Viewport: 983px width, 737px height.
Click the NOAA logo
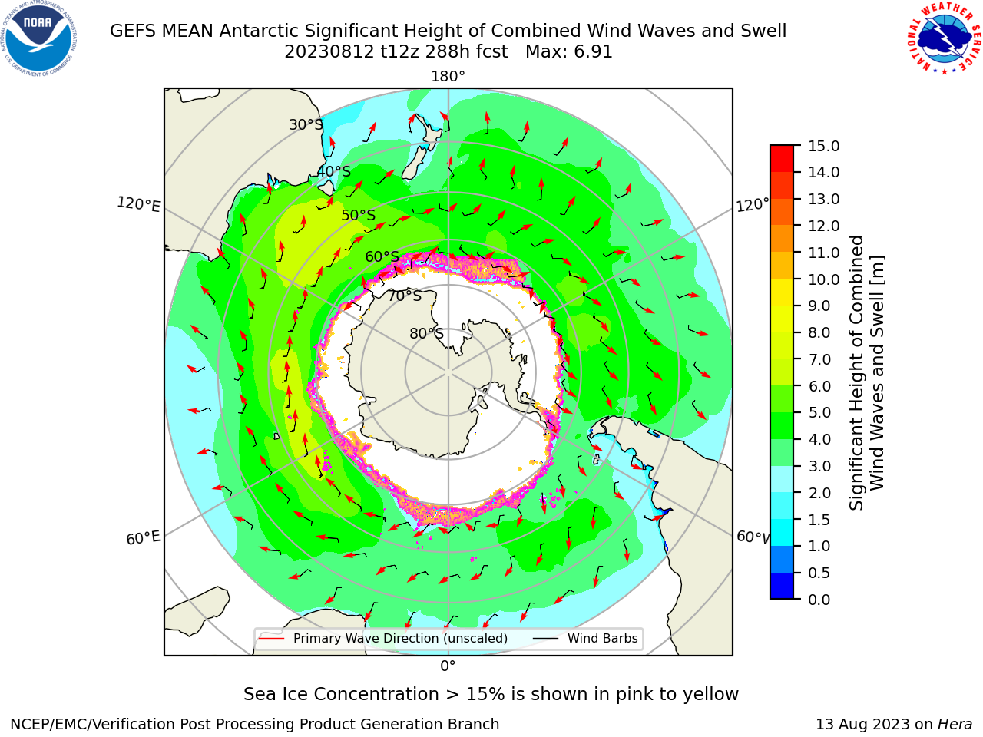39,38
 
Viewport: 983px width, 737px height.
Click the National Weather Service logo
943,38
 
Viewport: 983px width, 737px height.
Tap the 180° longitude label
448,77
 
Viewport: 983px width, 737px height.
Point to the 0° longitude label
448,666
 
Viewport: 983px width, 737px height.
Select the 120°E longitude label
138,204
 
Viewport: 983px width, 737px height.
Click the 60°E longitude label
143,537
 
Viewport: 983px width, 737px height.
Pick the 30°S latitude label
306,124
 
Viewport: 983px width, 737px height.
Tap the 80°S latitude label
426,333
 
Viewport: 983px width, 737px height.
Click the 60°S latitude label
382,256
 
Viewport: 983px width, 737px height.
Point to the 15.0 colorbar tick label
823,146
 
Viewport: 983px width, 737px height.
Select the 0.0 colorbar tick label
819,600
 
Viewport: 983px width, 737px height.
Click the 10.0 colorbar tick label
823,279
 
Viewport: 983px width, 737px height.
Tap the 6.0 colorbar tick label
819,386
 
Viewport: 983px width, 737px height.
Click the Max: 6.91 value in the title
569,52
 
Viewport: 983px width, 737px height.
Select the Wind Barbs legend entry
586,638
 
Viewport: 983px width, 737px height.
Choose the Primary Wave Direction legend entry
383,638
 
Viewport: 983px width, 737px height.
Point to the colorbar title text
866,372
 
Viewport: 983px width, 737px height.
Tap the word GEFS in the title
133,31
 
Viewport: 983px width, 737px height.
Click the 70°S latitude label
405,296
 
